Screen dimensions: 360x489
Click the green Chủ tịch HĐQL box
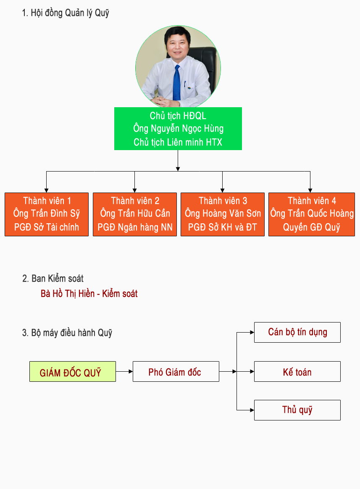pos(178,129)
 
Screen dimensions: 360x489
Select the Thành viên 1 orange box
pos(47,214)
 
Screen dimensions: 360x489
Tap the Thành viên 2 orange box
pos(135,214)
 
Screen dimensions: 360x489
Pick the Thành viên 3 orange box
pos(223,214)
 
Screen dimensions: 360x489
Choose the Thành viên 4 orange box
pos(312,214)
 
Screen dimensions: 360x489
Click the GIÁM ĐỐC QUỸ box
pos(73,371)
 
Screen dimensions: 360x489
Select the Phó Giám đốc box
pos(176,371)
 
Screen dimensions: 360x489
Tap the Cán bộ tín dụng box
pos(297,333)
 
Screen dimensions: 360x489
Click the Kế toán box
pos(297,371)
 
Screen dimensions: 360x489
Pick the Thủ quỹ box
pos(297,410)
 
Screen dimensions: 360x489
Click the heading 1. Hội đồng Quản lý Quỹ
pos(66,13)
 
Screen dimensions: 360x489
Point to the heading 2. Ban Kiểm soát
pos(53,278)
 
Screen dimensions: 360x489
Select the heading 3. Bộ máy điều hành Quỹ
pos(67,333)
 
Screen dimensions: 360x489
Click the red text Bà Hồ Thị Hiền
pos(68,294)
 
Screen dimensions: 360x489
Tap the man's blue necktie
pos(177,83)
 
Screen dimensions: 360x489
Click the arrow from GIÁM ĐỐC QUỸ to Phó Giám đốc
pos(124,371)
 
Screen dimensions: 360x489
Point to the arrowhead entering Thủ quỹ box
pos(252,410)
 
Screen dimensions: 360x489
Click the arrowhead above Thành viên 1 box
pos(47,190)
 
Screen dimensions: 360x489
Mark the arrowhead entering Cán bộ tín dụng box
pos(252,333)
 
